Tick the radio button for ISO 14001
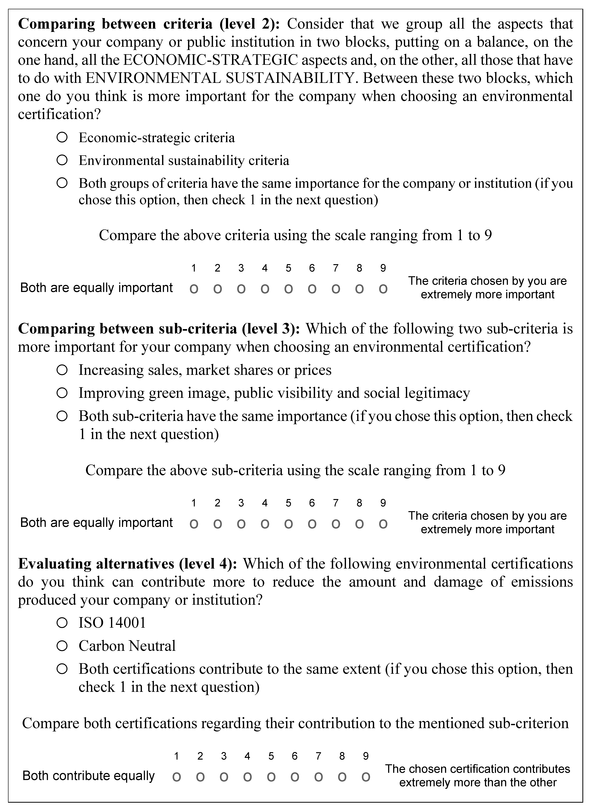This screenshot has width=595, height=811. [62, 623]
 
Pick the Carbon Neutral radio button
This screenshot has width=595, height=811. [62, 646]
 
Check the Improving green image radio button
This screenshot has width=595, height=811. [62, 393]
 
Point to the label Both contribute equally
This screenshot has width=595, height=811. [89, 776]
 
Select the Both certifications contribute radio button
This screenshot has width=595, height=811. [62, 669]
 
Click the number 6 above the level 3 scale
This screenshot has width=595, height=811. [312, 503]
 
